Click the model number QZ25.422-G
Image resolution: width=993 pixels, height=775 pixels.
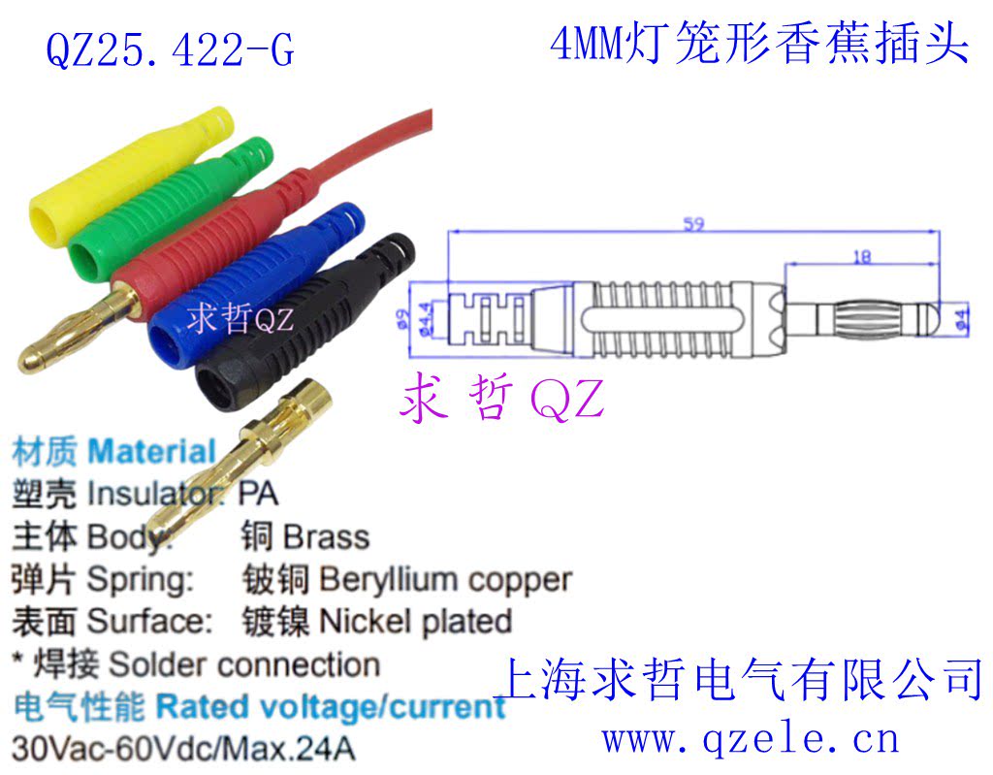pos(170,48)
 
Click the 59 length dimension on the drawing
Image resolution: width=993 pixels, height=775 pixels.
pos(693,225)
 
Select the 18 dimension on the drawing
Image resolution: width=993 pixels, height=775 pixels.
pos(861,257)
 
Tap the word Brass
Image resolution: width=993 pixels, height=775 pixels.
pos(327,537)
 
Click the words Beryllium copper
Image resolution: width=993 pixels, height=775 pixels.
pos(445,580)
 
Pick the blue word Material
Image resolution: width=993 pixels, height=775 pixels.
pos(151,452)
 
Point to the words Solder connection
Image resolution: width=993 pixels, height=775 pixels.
pos(243,665)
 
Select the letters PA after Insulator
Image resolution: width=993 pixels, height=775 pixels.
pos(257,494)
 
